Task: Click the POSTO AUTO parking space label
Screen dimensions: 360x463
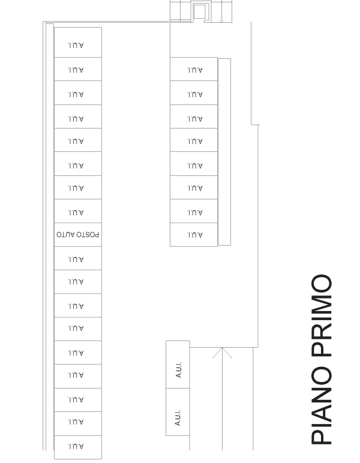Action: coord(77,235)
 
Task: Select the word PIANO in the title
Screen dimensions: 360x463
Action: coord(322,405)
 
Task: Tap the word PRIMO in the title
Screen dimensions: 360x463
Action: coord(322,315)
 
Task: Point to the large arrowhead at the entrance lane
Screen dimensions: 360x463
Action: coord(222,353)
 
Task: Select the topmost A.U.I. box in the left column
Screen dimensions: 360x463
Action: coord(78,43)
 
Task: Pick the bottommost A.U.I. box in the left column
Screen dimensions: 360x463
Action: coord(78,447)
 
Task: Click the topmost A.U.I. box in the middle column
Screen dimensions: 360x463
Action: coord(194,69)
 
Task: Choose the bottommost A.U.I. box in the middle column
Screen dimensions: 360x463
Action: coord(194,234)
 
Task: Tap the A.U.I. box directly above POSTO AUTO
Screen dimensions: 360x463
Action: coord(78,211)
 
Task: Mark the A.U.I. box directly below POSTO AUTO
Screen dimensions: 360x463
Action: coord(78,258)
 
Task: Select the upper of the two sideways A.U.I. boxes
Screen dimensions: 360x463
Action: coord(178,365)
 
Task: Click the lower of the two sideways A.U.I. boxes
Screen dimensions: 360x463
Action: coord(178,412)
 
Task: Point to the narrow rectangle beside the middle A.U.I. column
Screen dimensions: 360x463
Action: coord(224,152)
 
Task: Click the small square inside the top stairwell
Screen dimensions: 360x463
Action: coord(199,11)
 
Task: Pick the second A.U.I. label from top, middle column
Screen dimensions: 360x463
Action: coord(195,94)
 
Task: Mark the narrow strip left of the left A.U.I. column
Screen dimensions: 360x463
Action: coord(50,237)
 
